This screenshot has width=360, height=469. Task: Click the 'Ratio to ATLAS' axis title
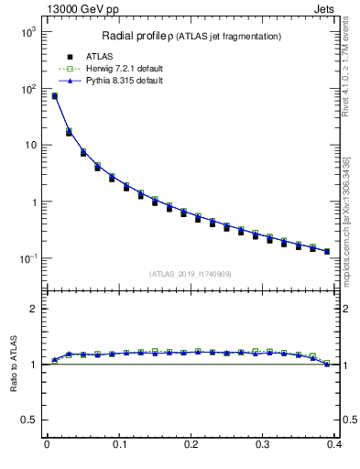[x=13, y=364]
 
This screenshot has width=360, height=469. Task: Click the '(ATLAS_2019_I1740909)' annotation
[x=191, y=274]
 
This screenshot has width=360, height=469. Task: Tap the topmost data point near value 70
[x=54, y=96]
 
